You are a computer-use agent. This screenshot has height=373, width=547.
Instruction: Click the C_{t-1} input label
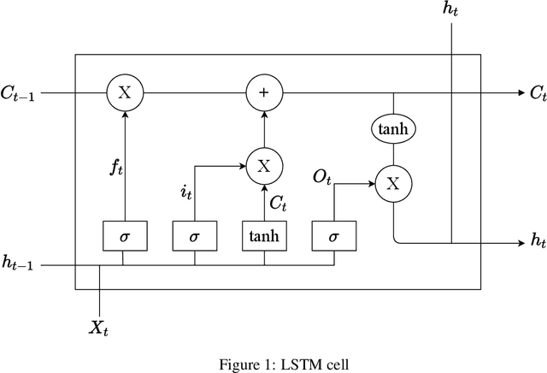point(21,92)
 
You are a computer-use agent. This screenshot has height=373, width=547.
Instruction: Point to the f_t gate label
point(116,169)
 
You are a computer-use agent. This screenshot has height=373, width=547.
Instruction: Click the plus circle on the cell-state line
point(263,92)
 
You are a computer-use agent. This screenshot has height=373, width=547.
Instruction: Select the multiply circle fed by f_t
point(125,92)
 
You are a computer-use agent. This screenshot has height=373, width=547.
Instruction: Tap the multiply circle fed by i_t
point(263,166)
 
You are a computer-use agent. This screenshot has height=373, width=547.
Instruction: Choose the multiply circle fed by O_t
point(393,182)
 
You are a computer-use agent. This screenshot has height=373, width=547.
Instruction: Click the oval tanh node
point(393,130)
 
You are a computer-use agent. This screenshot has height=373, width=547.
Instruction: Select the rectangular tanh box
point(263,234)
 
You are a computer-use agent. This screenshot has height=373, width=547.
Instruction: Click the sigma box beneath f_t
point(124,234)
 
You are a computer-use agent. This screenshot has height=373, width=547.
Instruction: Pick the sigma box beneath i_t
point(194,234)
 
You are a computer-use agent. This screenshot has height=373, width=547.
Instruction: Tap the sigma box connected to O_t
point(332,234)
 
